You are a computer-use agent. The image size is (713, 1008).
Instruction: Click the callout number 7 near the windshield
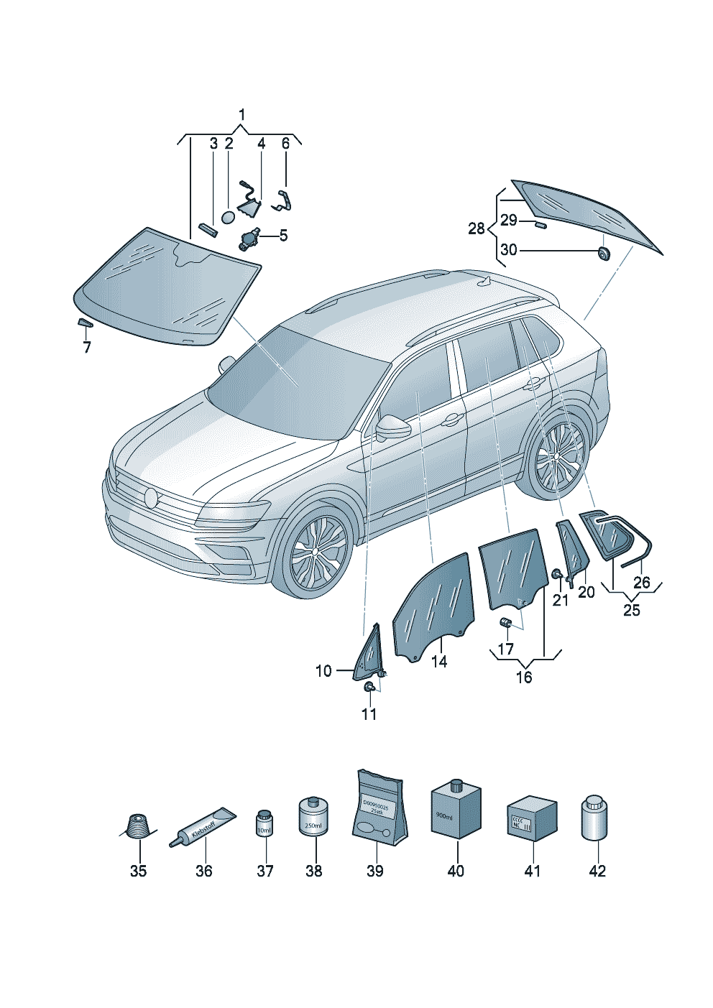click(87, 348)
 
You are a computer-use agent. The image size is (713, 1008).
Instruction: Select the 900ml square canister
click(456, 810)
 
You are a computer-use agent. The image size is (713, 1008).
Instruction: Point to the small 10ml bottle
click(264, 823)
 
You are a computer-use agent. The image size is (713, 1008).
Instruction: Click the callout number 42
click(597, 871)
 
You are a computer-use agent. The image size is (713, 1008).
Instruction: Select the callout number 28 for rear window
click(477, 228)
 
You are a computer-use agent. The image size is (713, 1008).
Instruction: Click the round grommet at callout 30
click(602, 251)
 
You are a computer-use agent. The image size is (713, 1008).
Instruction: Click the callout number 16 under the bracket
click(524, 677)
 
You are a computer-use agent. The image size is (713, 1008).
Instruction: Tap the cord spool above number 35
click(137, 826)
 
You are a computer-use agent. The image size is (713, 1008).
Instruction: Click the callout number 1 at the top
click(241, 115)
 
